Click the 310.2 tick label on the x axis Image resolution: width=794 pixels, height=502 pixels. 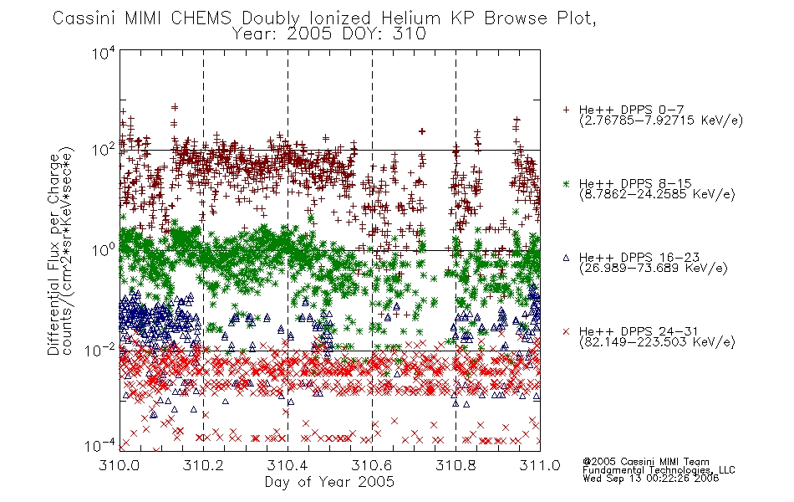coord(203,465)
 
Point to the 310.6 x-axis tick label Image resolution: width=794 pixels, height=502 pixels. coord(372,465)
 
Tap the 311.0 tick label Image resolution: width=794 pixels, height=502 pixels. coord(540,465)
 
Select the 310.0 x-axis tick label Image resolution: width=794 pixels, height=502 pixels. coord(119,465)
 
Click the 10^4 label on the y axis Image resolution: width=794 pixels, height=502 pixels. coord(104,53)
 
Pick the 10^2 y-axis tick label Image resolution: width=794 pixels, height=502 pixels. coord(104,151)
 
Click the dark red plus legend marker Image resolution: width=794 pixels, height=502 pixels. coord(566,110)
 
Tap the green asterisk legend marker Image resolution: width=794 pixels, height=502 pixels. coord(566,183)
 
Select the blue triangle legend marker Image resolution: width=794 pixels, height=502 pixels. coord(566,258)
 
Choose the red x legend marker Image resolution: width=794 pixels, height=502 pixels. coord(566,331)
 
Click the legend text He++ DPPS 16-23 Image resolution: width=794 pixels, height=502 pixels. coord(639,257)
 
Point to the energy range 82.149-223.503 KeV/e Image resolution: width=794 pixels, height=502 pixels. coord(657,342)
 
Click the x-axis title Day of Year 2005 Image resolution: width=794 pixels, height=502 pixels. coord(329,482)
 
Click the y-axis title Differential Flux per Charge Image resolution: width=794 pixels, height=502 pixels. coord(53,254)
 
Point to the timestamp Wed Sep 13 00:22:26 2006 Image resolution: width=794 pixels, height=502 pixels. coord(651,479)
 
